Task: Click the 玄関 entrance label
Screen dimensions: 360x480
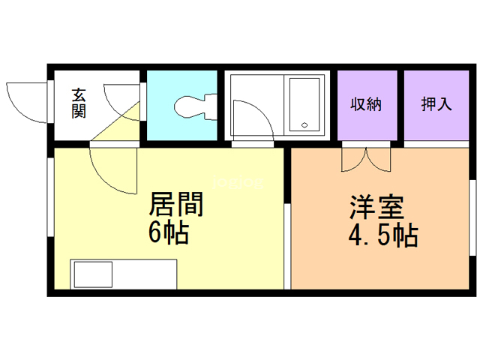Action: click(79, 103)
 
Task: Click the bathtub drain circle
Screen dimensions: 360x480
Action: click(304, 125)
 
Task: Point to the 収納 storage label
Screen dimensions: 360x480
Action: click(366, 104)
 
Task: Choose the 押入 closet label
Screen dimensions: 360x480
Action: click(436, 104)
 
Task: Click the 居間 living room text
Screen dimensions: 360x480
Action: click(178, 204)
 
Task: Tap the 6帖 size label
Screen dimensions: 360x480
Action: click(168, 233)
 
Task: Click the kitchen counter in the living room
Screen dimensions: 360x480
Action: click(124, 274)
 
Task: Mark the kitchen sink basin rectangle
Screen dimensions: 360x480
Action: click(91, 274)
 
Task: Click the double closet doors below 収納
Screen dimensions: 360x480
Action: click(366, 159)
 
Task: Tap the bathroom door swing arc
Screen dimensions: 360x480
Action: click(250, 120)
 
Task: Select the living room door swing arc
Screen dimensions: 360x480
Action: click(112, 172)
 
